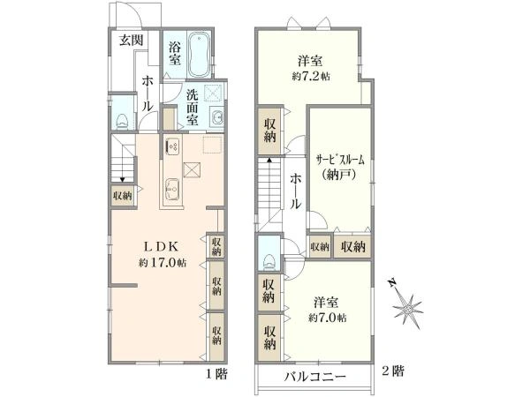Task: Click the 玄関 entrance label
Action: (x=132, y=41)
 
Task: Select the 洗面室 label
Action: (x=192, y=107)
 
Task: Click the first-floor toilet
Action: (x=122, y=121)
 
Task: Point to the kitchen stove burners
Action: (x=173, y=146)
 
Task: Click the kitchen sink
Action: (x=172, y=190)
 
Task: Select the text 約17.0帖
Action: (x=163, y=263)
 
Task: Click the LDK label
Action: (x=161, y=247)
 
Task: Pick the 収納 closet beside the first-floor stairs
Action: (x=123, y=196)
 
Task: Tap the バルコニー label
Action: (x=314, y=376)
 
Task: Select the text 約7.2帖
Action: (x=311, y=77)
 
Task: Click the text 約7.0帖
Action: (x=327, y=318)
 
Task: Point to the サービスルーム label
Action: (x=340, y=160)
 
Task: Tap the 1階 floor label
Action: (x=216, y=373)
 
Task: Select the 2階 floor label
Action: (x=393, y=371)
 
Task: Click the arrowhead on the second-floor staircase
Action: (x=269, y=160)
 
